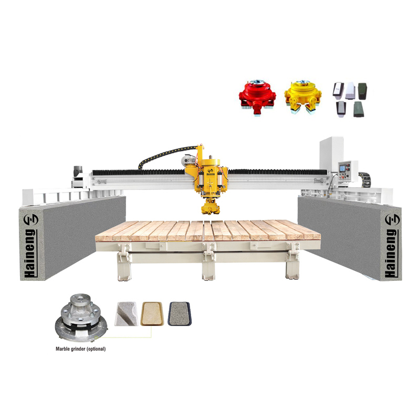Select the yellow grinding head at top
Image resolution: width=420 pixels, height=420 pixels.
coord(303,97)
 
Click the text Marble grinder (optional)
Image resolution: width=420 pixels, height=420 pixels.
coord(81,349)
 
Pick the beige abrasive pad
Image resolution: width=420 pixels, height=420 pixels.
coord(152,314)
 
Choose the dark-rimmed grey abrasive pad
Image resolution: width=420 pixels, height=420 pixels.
coord(179,313)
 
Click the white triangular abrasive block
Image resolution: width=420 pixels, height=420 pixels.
coord(126,314)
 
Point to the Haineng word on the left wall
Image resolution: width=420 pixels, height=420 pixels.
coord(30,253)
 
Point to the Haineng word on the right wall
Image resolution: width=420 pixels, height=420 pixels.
coord(391,253)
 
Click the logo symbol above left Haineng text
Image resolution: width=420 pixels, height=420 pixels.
coord(31,219)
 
